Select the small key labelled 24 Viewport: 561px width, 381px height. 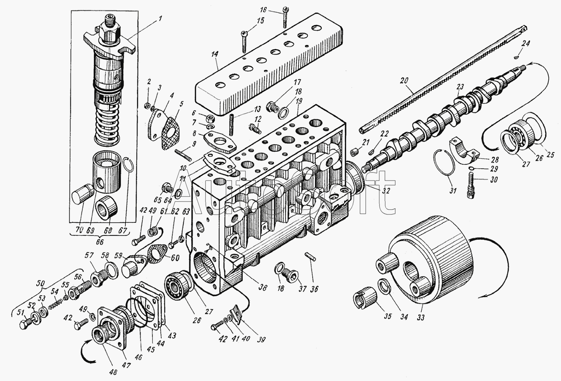click(x=516, y=55)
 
